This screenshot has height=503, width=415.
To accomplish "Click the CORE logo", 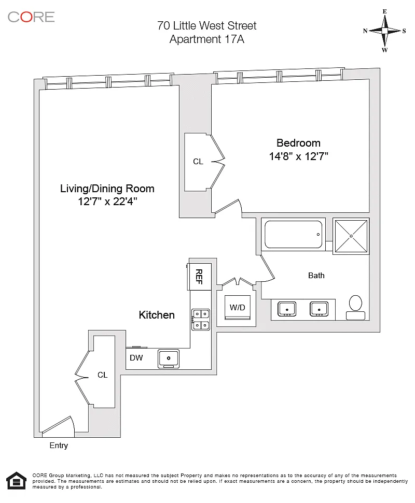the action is [x=31, y=17].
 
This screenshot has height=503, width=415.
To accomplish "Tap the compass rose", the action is [x=384, y=31].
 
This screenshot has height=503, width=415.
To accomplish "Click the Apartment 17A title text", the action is [x=207, y=39].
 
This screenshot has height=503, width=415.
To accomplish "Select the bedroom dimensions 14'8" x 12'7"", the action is [x=298, y=156].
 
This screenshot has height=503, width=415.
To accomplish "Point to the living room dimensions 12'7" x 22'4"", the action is [x=107, y=202].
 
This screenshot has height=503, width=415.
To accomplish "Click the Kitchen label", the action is [x=157, y=314].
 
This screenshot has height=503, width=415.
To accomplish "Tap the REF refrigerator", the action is [x=200, y=277].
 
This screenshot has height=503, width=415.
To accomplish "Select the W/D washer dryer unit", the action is [x=238, y=307].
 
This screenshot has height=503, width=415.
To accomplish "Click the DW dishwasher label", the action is [x=136, y=357].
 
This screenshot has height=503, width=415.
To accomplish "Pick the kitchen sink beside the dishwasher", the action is [x=169, y=358].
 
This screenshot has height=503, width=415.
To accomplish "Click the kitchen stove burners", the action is [x=201, y=320].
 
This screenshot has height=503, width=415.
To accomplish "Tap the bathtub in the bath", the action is [x=293, y=234].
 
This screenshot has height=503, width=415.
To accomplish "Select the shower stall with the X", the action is [x=351, y=236].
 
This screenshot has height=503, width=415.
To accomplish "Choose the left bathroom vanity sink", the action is [x=286, y=309].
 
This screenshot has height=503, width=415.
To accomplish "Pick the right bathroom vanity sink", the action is [x=319, y=309].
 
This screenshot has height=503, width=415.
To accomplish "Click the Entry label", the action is [x=59, y=445].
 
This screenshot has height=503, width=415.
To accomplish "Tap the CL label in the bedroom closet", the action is [x=198, y=161].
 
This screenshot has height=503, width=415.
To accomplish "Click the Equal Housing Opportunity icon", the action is [x=17, y=481].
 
